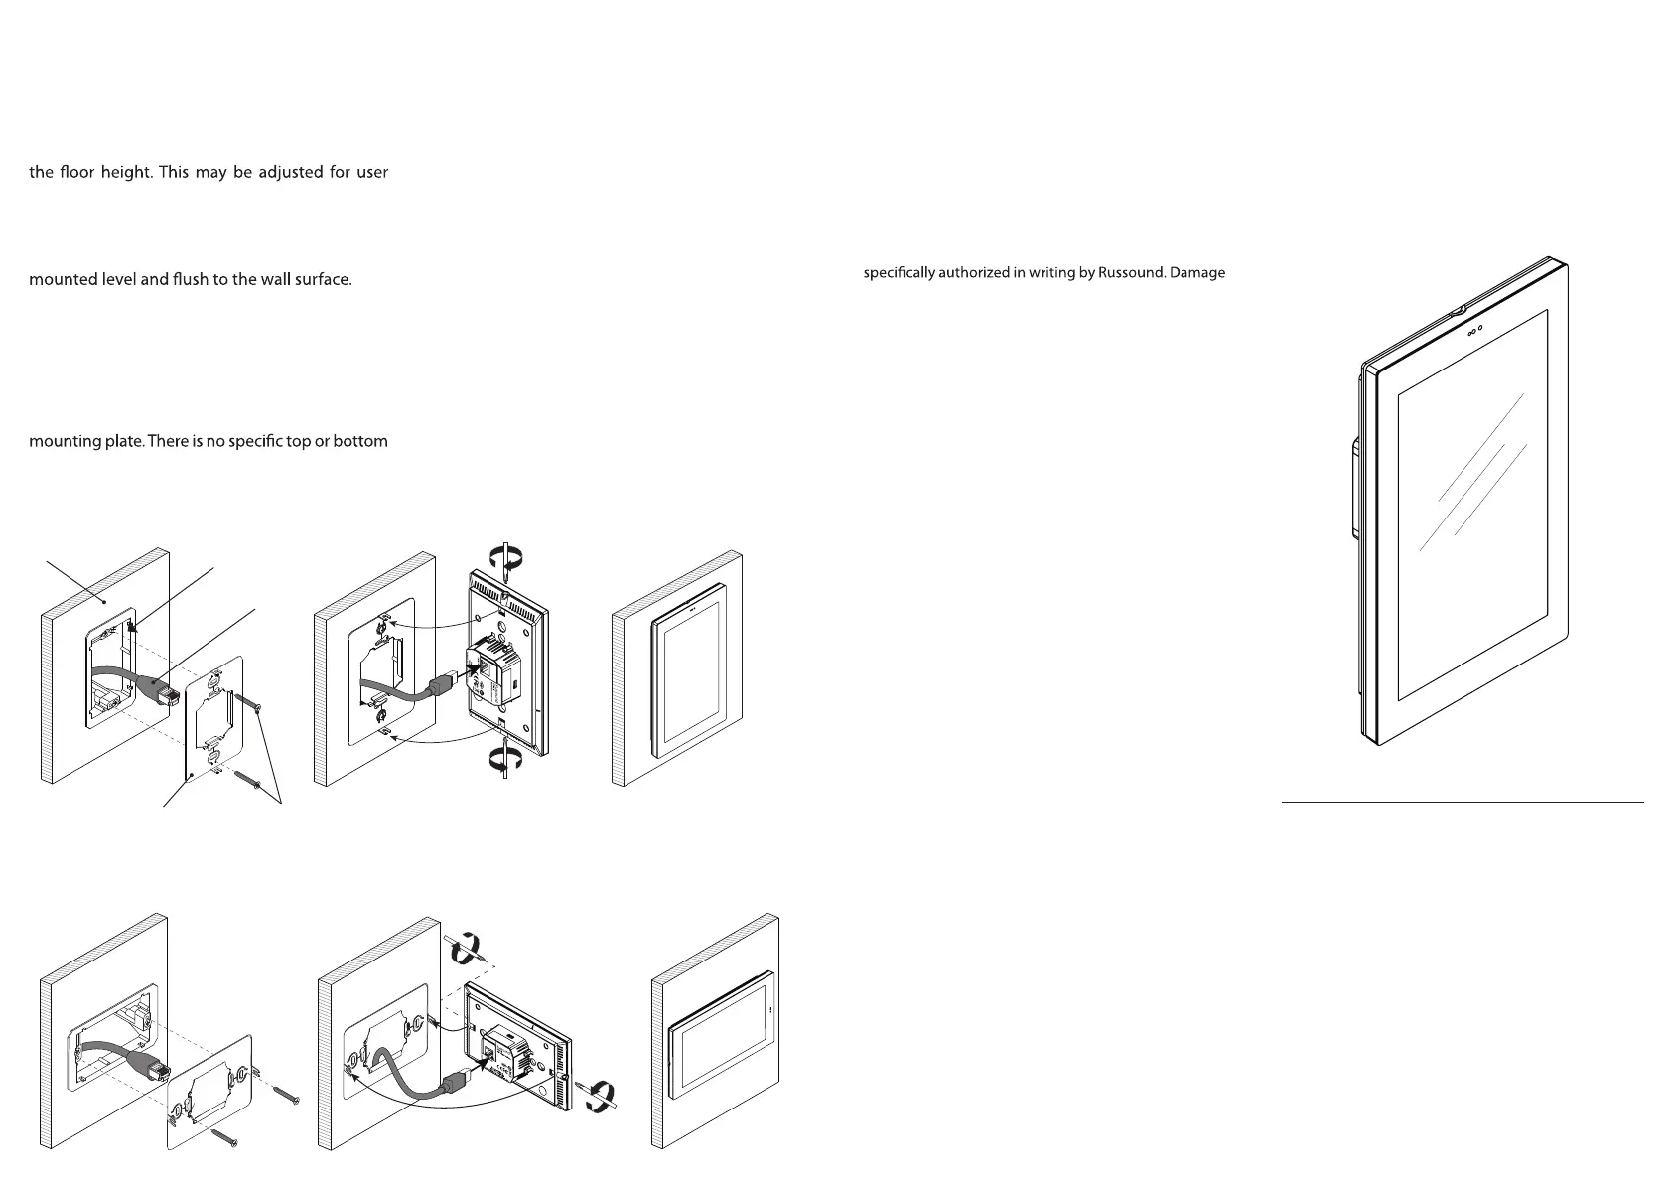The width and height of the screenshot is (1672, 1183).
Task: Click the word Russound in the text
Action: (1131, 272)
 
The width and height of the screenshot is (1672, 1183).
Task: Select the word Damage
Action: (1197, 273)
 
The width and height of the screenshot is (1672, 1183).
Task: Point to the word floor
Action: (76, 172)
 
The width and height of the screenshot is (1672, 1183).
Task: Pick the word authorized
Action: (973, 272)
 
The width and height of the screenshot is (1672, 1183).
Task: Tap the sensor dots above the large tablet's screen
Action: (1475, 330)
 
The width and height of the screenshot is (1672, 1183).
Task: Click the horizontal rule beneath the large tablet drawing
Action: (1463, 803)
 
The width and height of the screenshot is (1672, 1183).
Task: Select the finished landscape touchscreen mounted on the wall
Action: (721, 1035)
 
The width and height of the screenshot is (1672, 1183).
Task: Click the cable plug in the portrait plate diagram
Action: (159, 689)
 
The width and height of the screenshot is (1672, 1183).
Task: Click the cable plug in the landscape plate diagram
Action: (148, 1065)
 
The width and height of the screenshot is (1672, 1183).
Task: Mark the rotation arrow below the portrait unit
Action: (506, 759)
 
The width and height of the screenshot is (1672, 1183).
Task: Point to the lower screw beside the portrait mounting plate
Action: (248, 780)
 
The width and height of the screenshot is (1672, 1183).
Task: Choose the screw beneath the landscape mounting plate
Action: (224, 1136)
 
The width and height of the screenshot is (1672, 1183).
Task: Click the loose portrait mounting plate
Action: (214, 718)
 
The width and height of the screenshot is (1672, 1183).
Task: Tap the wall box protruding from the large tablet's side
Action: (1354, 489)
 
